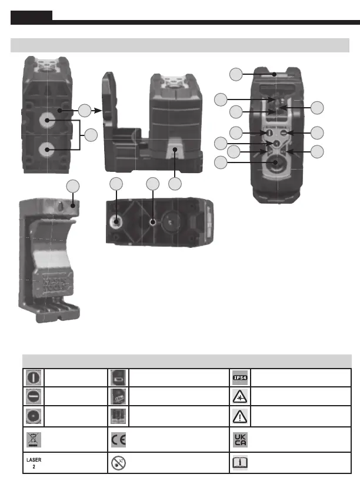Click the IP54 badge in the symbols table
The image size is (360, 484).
pos(240,377)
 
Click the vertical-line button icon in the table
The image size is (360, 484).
pos(32,377)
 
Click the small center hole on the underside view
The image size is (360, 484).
pos(153,223)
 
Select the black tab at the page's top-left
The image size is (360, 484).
pos(32,16)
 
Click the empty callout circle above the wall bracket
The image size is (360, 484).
pos(73,186)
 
